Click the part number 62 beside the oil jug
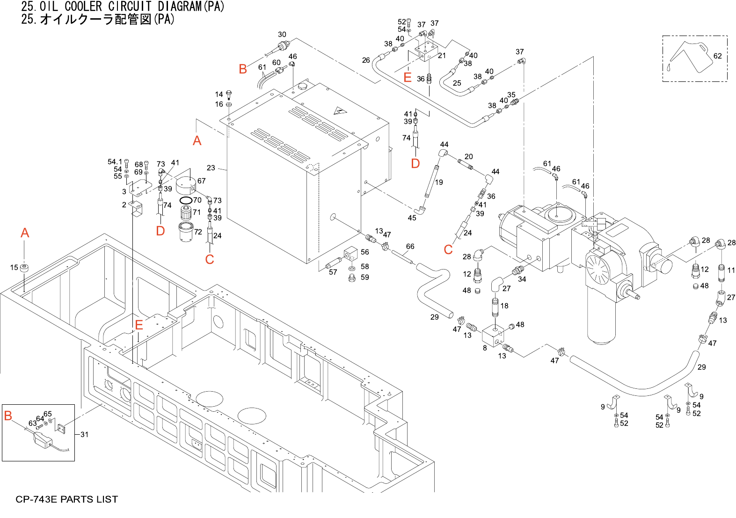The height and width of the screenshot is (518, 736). (x=717, y=56)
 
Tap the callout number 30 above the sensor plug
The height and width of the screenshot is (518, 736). (x=282, y=35)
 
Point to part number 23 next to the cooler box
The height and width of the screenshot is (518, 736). (x=211, y=168)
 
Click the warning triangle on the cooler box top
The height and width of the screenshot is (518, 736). (x=338, y=111)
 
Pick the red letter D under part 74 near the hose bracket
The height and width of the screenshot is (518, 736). (x=160, y=231)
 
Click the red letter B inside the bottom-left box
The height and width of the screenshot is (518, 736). (x=8, y=416)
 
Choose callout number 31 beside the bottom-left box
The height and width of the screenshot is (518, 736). (x=84, y=435)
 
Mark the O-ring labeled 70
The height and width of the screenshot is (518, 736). (x=186, y=201)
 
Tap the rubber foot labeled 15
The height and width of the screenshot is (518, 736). (x=25, y=268)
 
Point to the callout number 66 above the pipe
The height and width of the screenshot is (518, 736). (x=410, y=247)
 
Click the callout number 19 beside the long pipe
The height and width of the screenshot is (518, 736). (x=439, y=182)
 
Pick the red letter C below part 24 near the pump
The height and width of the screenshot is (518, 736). (x=448, y=250)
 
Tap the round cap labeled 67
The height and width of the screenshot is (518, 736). (x=187, y=184)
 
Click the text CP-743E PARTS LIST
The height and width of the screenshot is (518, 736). (x=67, y=499)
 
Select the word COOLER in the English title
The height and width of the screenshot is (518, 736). (x=83, y=7)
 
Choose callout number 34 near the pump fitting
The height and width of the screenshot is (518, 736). (x=522, y=279)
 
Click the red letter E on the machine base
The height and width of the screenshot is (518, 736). (x=139, y=325)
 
